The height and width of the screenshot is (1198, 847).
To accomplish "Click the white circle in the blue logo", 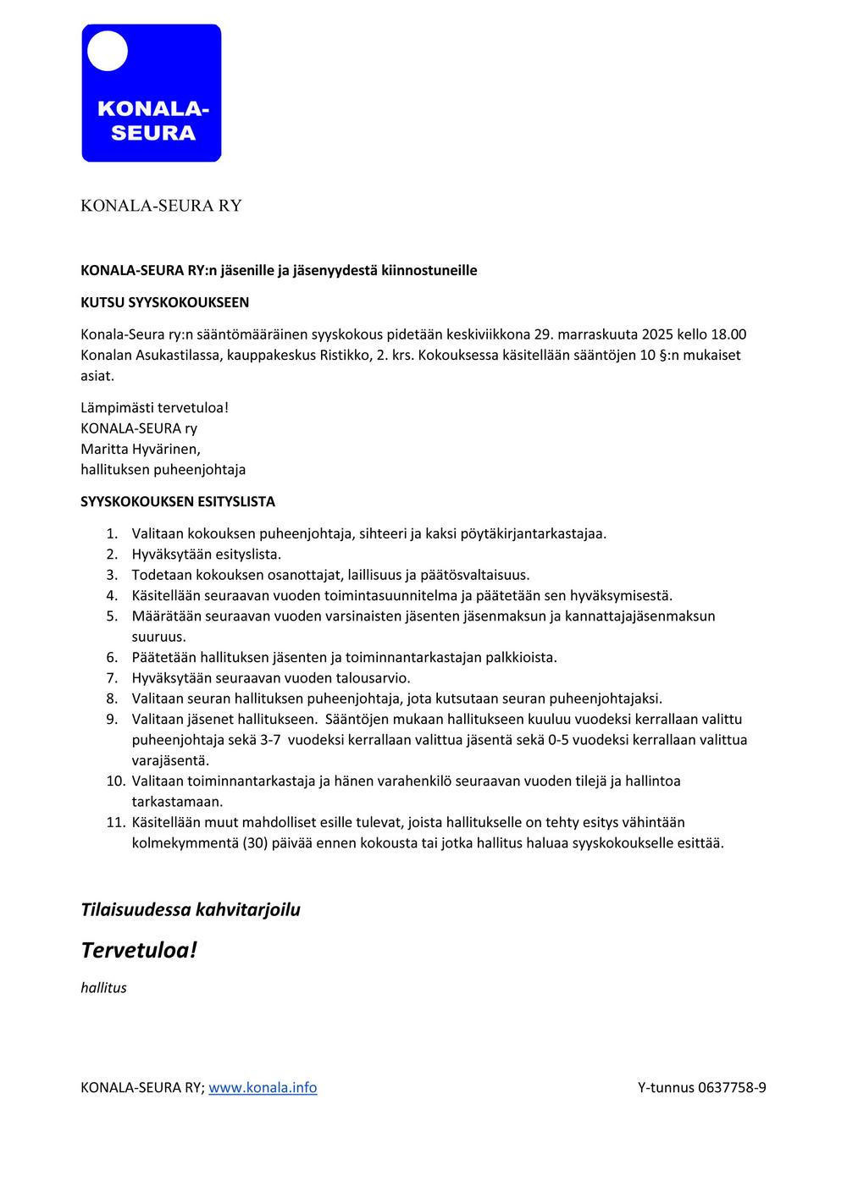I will click(x=108, y=51).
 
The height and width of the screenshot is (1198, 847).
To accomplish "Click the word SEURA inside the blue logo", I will click(x=153, y=133).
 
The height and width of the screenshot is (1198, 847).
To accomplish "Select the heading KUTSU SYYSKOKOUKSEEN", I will click(x=164, y=302).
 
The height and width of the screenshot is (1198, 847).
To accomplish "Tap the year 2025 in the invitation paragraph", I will click(x=657, y=334).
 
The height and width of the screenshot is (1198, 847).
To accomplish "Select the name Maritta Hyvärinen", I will click(x=141, y=449).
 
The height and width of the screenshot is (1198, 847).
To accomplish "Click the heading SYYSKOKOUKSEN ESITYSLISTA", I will click(x=178, y=501).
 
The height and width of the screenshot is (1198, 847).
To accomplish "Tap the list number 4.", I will click(x=112, y=595).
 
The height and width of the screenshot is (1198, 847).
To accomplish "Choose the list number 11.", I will click(x=115, y=822).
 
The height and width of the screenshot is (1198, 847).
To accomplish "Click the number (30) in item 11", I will click(x=255, y=842).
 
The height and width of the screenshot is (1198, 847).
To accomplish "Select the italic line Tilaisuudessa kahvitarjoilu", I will click(x=191, y=909).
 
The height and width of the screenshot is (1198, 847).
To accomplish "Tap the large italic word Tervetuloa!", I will click(x=139, y=950).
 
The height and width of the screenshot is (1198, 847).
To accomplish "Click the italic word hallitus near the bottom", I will click(x=103, y=987).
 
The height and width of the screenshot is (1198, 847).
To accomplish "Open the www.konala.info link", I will click(x=263, y=1087).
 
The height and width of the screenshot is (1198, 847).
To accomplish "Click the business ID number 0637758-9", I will click(x=732, y=1087).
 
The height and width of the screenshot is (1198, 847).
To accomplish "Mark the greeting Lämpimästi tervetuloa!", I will click(x=154, y=407).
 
